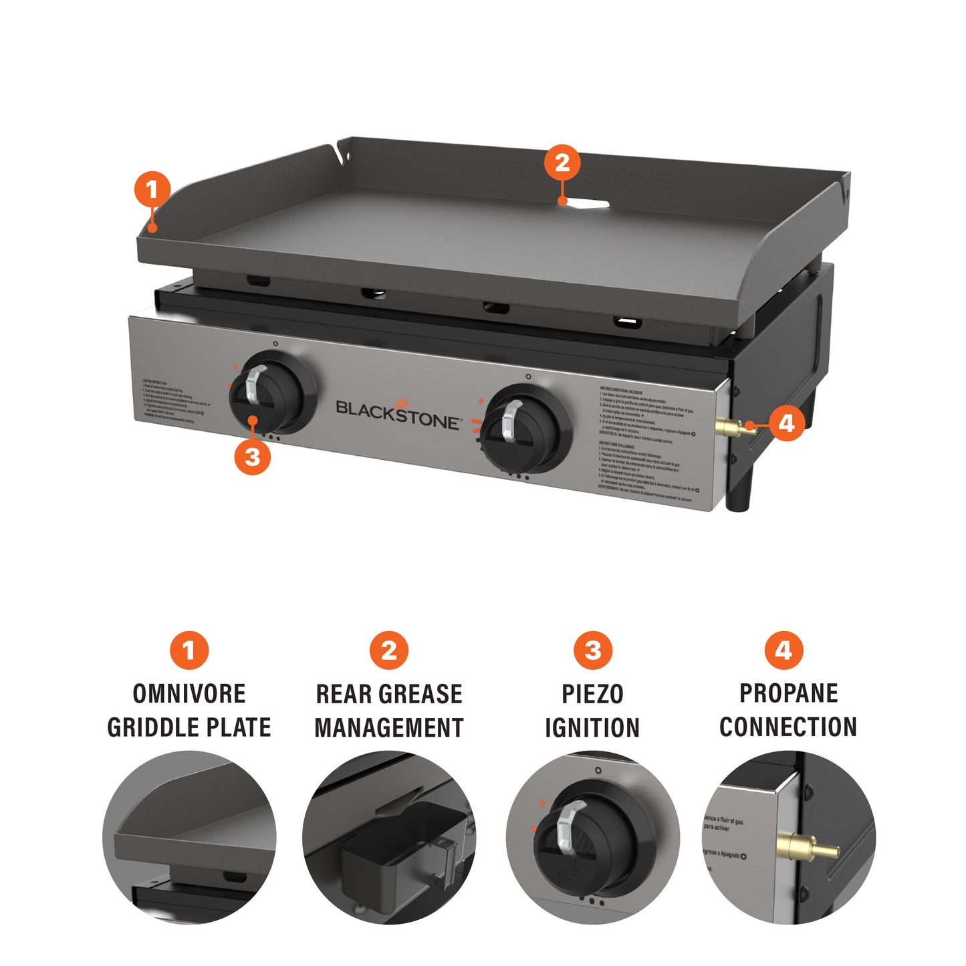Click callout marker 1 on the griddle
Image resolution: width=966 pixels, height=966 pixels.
click(x=152, y=189)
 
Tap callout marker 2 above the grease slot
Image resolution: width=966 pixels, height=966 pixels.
click(x=562, y=162)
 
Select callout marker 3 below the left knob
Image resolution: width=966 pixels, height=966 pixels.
click(x=252, y=457)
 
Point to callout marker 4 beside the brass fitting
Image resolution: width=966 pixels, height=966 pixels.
click(x=786, y=423)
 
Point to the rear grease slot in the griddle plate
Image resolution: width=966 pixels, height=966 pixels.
click(x=586, y=202)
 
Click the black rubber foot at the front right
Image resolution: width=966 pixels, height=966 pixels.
click(x=742, y=492)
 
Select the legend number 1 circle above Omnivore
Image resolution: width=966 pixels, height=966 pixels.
click(x=189, y=650)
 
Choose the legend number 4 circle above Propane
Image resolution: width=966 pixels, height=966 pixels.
click(x=783, y=650)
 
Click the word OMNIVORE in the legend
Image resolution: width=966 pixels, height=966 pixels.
click(x=189, y=693)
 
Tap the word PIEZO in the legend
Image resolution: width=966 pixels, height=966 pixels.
click(x=592, y=694)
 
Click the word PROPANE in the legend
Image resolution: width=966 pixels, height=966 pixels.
click(x=788, y=693)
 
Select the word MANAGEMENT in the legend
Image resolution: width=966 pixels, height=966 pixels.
click(x=389, y=727)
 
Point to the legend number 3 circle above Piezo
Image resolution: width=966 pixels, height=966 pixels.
click(x=592, y=650)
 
